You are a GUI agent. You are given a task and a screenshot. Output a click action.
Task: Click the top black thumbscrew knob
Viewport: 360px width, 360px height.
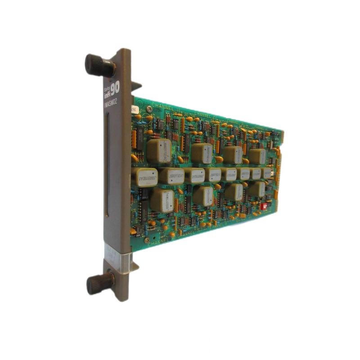[98, 66]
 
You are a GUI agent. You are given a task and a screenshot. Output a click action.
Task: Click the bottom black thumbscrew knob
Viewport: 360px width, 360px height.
[99, 283]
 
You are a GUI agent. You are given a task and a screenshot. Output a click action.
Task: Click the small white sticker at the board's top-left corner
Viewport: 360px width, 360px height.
[134, 108]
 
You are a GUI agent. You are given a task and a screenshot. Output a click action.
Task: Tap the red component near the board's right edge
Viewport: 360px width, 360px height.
[265, 205]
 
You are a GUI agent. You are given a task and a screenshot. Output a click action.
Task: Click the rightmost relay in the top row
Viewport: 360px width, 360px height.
[257, 157]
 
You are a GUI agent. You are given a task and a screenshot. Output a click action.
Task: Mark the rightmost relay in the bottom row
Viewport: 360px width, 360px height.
[256, 189]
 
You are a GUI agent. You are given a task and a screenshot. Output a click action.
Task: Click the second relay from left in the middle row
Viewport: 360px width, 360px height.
[171, 176]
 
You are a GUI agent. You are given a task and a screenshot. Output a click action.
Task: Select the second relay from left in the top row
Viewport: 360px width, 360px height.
[201, 153]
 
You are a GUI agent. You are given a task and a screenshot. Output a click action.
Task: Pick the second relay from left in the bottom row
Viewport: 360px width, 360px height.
[203, 196]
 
